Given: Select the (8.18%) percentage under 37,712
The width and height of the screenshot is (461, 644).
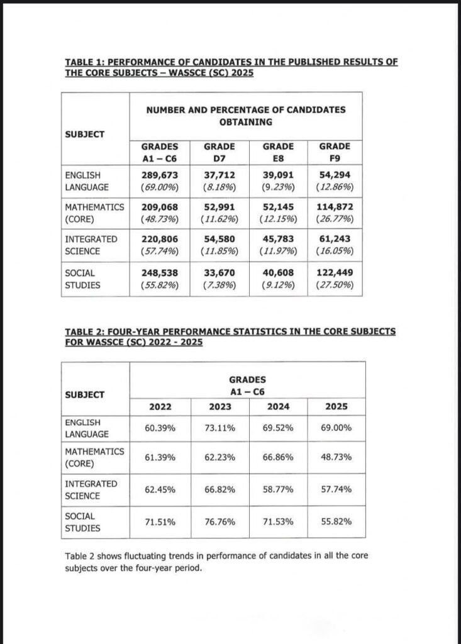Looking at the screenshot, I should (219, 187).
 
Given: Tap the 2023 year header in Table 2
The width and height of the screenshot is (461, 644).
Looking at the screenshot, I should (219, 406).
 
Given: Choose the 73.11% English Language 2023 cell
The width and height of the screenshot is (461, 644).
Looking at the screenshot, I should (219, 428).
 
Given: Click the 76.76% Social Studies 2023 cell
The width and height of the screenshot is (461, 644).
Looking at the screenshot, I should (219, 521).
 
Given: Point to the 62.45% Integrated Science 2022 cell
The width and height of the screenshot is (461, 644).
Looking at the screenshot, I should (159, 489).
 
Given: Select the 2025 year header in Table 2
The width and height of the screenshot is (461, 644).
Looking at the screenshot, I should (336, 406).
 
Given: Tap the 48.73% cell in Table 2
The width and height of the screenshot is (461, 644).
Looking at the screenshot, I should (336, 457).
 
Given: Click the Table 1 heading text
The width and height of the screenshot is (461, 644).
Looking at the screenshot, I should (231, 67).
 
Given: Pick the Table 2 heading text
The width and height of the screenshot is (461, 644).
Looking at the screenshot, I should (231, 336).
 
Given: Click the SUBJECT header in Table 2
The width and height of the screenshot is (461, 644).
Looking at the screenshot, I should (84, 395).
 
